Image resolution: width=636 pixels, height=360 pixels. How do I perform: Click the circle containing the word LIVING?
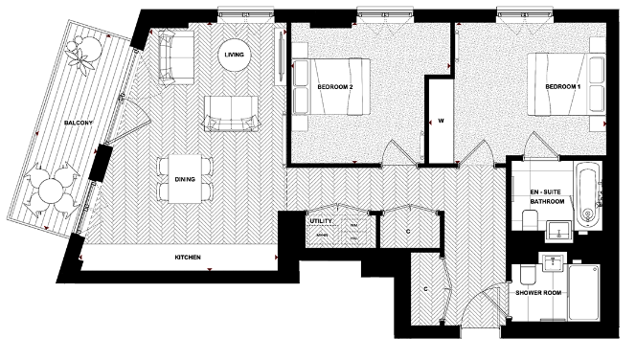pos(234,55)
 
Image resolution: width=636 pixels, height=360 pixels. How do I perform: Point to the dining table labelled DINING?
pos(182,178)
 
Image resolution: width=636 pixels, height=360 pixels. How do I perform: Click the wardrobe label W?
pos(442,122)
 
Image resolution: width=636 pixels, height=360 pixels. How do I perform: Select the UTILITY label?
pos(319,221)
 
